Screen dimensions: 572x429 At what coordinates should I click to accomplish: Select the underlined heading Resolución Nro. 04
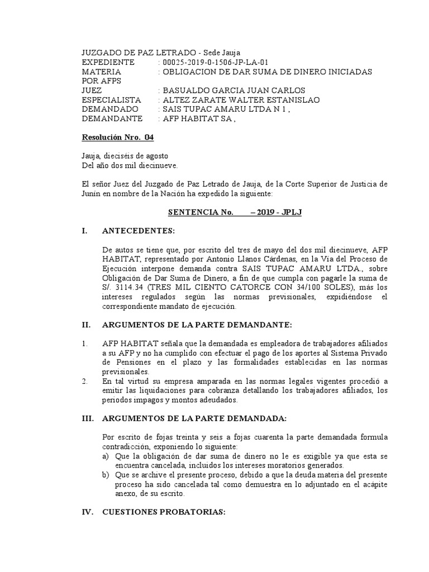point(117,137)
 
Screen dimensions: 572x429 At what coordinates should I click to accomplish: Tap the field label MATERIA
point(101,71)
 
